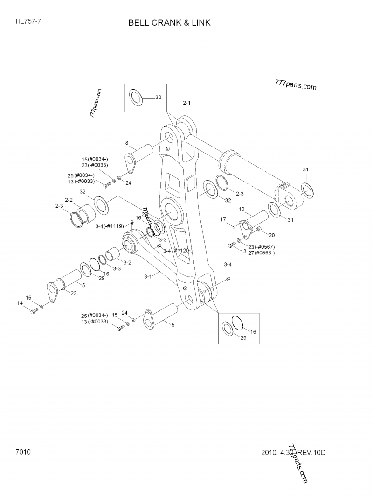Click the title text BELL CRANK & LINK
(x=170, y=22)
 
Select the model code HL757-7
(x=28, y=21)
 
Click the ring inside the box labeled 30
(x=136, y=98)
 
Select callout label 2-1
(x=187, y=102)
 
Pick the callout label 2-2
(x=69, y=200)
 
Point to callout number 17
(x=223, y=219)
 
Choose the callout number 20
(x=271, y=235)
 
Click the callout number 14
(x=20, y=303)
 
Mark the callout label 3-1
(x=148, y=276)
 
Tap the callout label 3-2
(x=127, y=263)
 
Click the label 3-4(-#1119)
(x=110, y=226)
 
